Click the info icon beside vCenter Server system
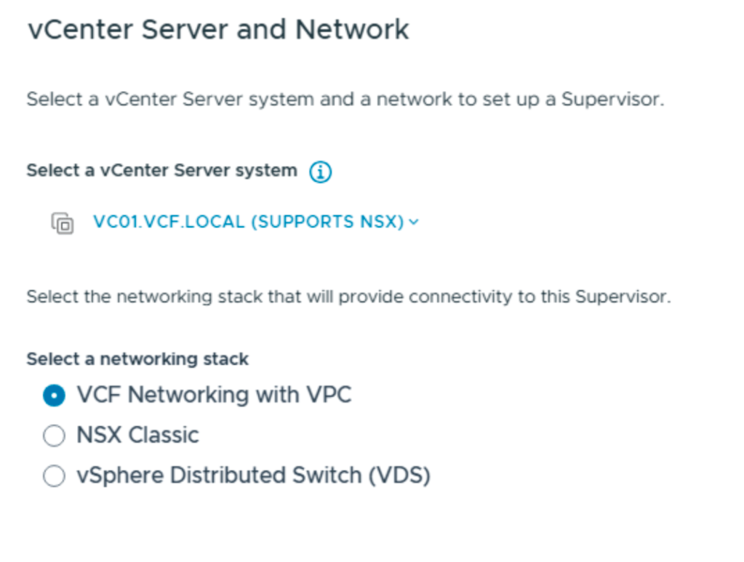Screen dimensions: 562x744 [x=320, y=172]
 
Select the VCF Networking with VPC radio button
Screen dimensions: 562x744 [x=54, y=396]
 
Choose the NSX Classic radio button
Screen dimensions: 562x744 [x=54, y=435]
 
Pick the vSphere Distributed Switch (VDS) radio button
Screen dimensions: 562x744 [x=54, y=476]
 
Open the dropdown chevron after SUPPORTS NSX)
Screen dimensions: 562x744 [x=414, y=222]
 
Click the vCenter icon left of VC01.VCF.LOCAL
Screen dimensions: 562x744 [x=63, y=222]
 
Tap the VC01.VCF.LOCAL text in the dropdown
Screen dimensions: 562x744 [x=169, y=222]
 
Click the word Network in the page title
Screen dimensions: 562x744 [x=352, y=30]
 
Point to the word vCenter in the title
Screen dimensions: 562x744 [x=80, y=30]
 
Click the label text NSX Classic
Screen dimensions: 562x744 [x=137, y=435]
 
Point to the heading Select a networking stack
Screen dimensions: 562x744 [x=137, y=359]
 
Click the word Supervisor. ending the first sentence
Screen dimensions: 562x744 [x=612, y=100]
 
